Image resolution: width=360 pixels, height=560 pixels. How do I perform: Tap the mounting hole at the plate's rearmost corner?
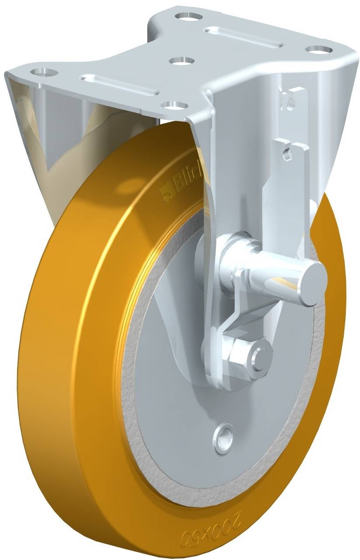pyautogui.click(x=189, y=17)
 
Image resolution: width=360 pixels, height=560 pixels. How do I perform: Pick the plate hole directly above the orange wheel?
pyautogui.click(x=174, y=105)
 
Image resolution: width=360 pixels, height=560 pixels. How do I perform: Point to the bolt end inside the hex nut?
pyautogui.click(x=262, y=352)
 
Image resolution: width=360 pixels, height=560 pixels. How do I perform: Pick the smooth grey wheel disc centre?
pyautogui.click(x=171, y=394)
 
